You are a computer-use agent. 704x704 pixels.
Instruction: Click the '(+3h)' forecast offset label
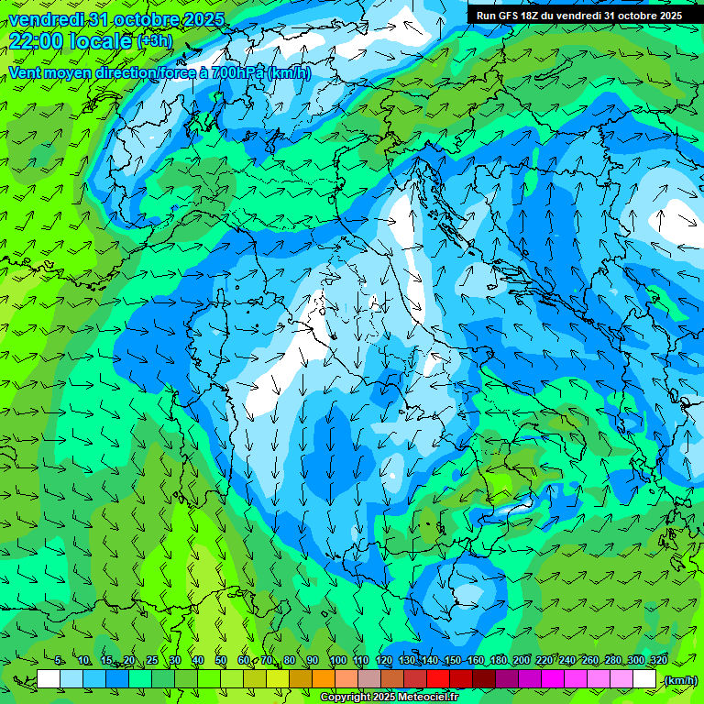point(154,41)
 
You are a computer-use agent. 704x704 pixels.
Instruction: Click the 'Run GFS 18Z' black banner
point(578,16)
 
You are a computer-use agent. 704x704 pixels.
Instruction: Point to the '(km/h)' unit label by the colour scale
point(679,679)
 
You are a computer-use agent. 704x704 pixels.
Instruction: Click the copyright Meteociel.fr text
point(390,698)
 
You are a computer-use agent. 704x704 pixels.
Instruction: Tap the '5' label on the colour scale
point(60,661)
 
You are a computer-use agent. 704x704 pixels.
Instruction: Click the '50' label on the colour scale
point(221,661)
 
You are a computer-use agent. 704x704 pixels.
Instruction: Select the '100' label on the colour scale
point(337,661)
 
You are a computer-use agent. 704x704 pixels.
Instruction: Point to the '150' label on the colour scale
point(452,661)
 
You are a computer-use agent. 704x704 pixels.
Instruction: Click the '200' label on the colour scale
point(522,661)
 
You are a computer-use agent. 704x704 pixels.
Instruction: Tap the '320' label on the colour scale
point(658,661)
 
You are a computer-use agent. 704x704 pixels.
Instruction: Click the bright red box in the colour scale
point(438,679)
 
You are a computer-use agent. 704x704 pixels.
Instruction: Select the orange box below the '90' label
point(324,679)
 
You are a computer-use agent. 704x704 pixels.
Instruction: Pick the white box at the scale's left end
point(49,679)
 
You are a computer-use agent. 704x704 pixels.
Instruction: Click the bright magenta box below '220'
point(553,679)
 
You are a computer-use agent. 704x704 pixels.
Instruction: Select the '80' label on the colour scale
point(290,661)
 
